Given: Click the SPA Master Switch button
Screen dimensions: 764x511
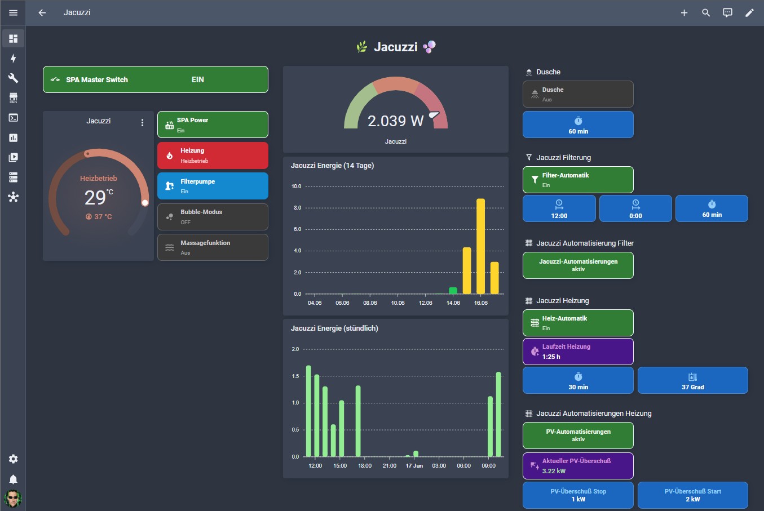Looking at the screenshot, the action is (x=156, y=79).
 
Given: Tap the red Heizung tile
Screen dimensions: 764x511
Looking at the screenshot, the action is (x=213, y=155).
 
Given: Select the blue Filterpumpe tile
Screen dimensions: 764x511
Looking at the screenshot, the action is (x=213, y=186).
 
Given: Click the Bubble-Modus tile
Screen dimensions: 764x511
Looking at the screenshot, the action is (x=213, y=217).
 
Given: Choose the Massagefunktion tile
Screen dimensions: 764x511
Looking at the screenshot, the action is (x=213, y=247).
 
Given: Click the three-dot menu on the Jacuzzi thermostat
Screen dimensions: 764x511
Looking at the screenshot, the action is (x=142, y=122).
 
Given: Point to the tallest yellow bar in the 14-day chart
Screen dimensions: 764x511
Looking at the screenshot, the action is (x=480, y=246).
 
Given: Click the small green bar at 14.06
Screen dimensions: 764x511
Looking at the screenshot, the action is (x=453, y=291).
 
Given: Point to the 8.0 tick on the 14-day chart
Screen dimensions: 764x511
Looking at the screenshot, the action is (x=297, y=207).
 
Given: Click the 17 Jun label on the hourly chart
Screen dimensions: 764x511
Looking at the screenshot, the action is (x=414, y=466).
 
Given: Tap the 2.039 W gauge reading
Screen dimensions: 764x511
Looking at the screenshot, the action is (x=395, y=121).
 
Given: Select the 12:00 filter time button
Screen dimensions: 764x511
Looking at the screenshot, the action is (x=559, y=208).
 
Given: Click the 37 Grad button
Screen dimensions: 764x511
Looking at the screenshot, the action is (x=693, y=380).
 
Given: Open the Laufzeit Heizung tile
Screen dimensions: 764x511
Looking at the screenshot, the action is (x=578, y=352).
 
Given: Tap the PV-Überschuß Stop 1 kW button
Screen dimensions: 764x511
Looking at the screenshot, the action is (x=578, y=495).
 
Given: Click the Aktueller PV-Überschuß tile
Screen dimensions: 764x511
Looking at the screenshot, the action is (x=578, y=466).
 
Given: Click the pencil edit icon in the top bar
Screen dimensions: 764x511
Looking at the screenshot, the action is (x=749, y=13).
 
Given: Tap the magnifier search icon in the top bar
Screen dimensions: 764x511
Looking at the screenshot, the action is (x=706, y=13).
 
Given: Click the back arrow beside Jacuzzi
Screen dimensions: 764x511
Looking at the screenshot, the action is (x=42, y=12).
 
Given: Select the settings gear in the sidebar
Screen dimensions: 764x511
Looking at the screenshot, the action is (x=13, y=459).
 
